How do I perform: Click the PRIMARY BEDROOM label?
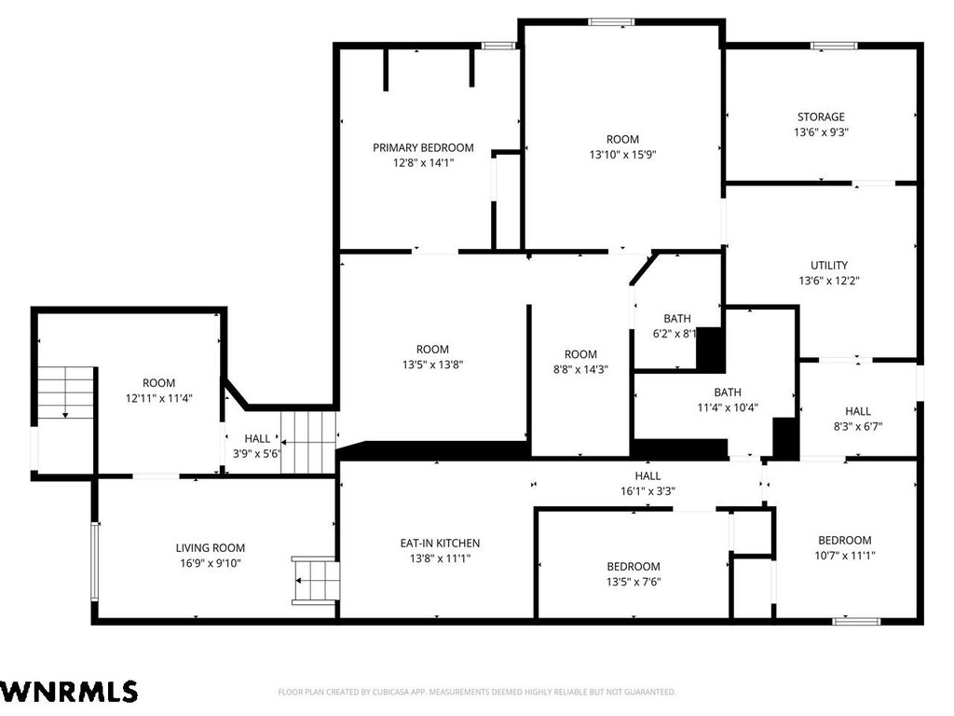coord(423,147)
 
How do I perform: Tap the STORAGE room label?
coord(821,117)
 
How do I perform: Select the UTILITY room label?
coord(828,266)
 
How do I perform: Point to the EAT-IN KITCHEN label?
coord(440,544)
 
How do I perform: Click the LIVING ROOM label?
coord(211,548)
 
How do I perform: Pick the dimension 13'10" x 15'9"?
coord(622,155)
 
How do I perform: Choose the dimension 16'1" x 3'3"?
coord(648,491)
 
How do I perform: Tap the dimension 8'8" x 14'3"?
coord(580,369)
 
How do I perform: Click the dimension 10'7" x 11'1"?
coord(844,556)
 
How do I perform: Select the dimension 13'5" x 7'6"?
coord(634,582)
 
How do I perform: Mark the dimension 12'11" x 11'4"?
coord(158,398)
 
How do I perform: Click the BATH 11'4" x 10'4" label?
coord(728,400)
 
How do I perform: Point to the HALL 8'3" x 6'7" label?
coord(858,419)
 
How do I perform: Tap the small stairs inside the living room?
coord(315,581)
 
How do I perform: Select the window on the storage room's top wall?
coord(834,46)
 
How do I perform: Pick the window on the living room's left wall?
coord(94,560)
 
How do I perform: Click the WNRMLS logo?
coord(69,692)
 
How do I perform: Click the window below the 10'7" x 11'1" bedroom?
coord(856,622)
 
